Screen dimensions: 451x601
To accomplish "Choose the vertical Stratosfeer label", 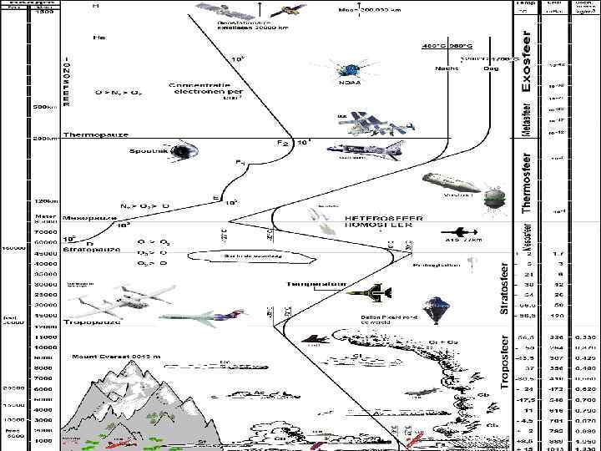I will [x=504, y=288].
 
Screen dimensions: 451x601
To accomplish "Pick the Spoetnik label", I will [x=148, y=151].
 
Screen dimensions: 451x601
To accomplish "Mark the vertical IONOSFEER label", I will [x=67, y=80].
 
